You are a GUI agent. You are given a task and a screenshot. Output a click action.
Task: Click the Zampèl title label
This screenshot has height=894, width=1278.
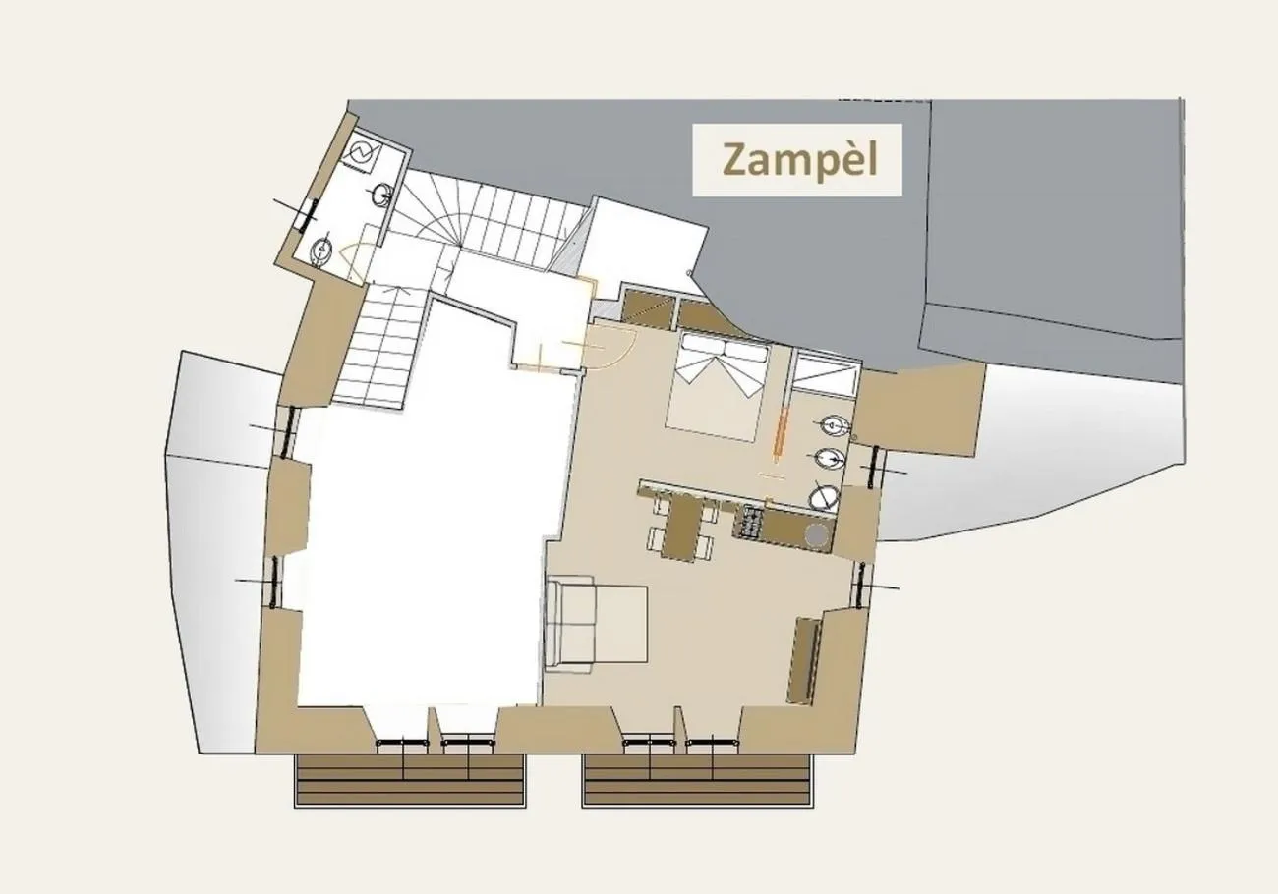[797, 159]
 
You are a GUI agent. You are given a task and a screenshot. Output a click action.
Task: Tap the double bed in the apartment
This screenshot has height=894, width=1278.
[715, 388]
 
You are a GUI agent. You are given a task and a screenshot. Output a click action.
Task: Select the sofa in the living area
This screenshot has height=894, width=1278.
[595, 625]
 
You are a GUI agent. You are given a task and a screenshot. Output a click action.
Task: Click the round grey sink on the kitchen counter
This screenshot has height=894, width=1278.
[815, 533]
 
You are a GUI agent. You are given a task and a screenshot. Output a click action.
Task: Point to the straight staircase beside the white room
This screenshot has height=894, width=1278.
[378, 349]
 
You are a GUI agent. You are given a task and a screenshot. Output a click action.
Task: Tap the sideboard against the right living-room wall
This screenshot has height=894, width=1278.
[804, 659]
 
